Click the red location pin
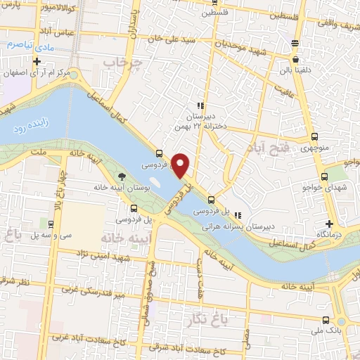click(x=181, y=165)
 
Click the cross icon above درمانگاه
click(x=319, y=222)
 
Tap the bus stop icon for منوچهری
click(x=314, y=138)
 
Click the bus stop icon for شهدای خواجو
click(x=324, y=177)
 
